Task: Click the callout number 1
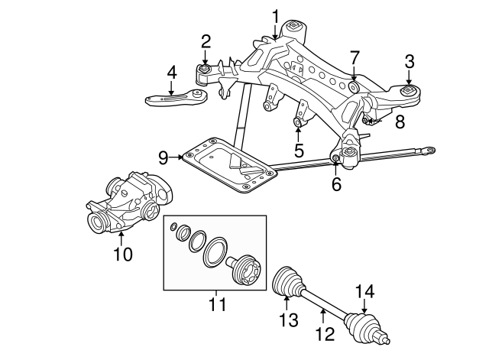pos(275,15)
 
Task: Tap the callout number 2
pos(206,41)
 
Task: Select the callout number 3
pos(410,60)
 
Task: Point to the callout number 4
pos(172,73)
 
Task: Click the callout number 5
pos(299,149)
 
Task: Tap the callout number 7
pos(354,57)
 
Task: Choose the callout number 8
pos(400,121)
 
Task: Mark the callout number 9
pos(164,157)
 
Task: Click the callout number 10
pos(123,253)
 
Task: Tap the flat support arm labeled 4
pos(170,97)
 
